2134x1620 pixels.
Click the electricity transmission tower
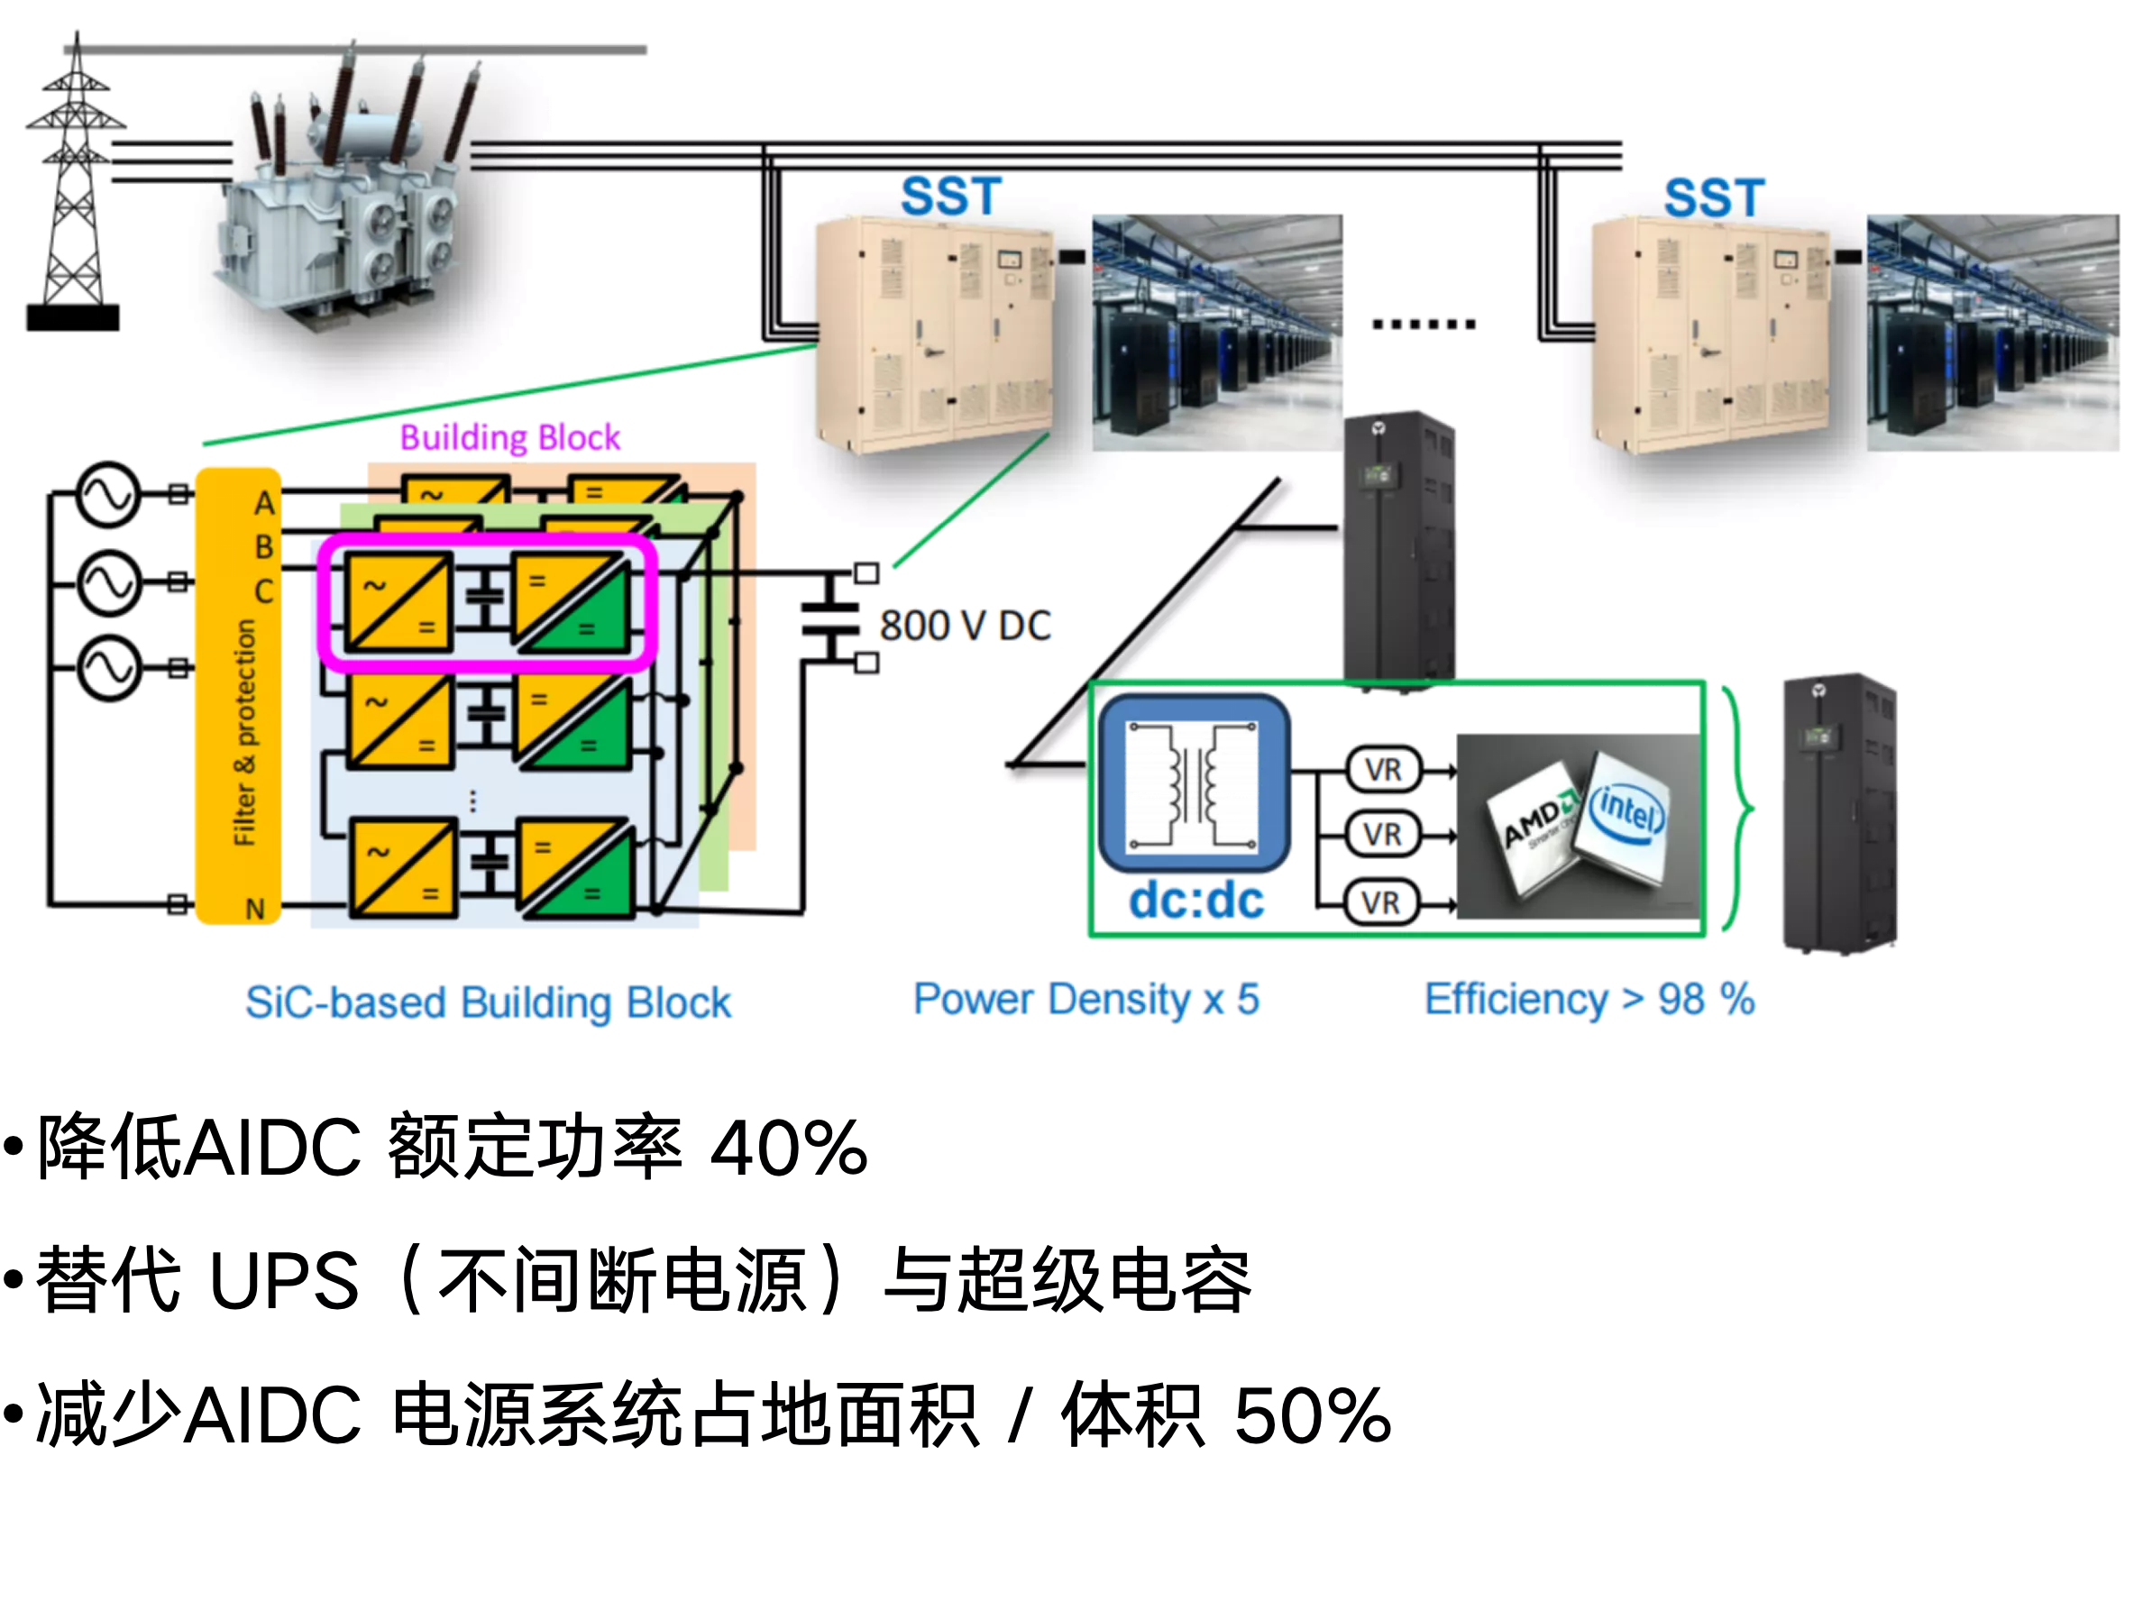click(x=74, y=183)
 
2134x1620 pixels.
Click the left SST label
click(x=951, y=197)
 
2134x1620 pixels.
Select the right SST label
click(x=1715, y=197)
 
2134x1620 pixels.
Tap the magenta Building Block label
click(x=510, y=438)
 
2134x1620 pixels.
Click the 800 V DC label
click(x=966, y=626)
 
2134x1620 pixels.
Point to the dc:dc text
click(x=1196, y=901)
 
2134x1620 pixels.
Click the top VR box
click(x=1383, y=769)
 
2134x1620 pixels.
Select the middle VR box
click(x=1383, y=834)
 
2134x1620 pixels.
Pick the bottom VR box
click(x=1381, y=903)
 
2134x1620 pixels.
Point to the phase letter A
click(x=264, y=503)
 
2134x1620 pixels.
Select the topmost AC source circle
click(x=108, y=495)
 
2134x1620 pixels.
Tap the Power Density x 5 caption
click(x=1086, y=1000)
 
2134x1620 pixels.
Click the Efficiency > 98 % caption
click(x=1589, y=1000)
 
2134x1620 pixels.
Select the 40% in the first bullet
click(x=789, y=1149)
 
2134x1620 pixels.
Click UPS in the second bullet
click(x=285, y=1281)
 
